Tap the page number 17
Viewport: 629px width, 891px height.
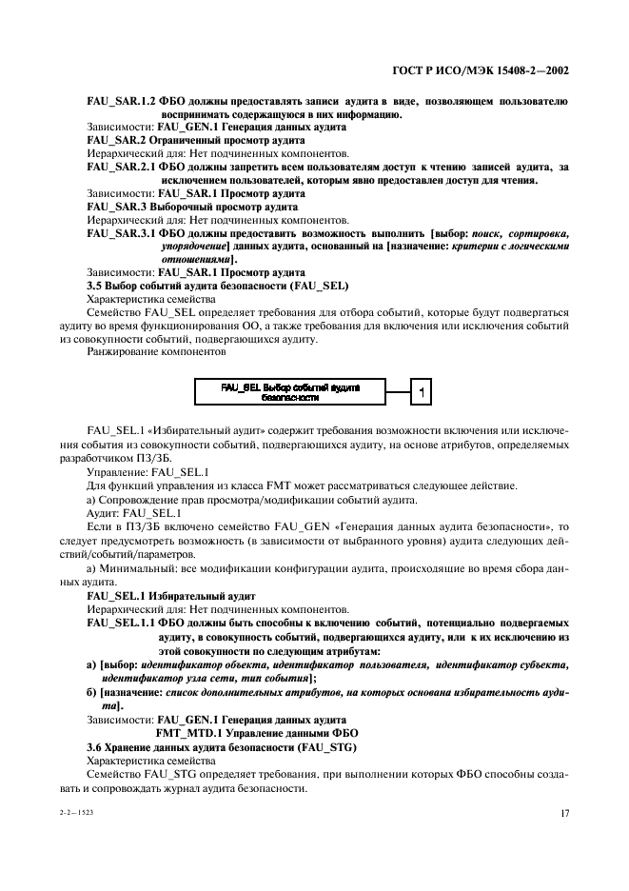tap(563, 812)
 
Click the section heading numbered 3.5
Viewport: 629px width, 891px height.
tap(217, 286)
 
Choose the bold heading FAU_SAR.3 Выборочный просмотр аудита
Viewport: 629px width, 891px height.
tap(181, 205)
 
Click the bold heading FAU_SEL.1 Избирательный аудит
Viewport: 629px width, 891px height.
tap(171, 594)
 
